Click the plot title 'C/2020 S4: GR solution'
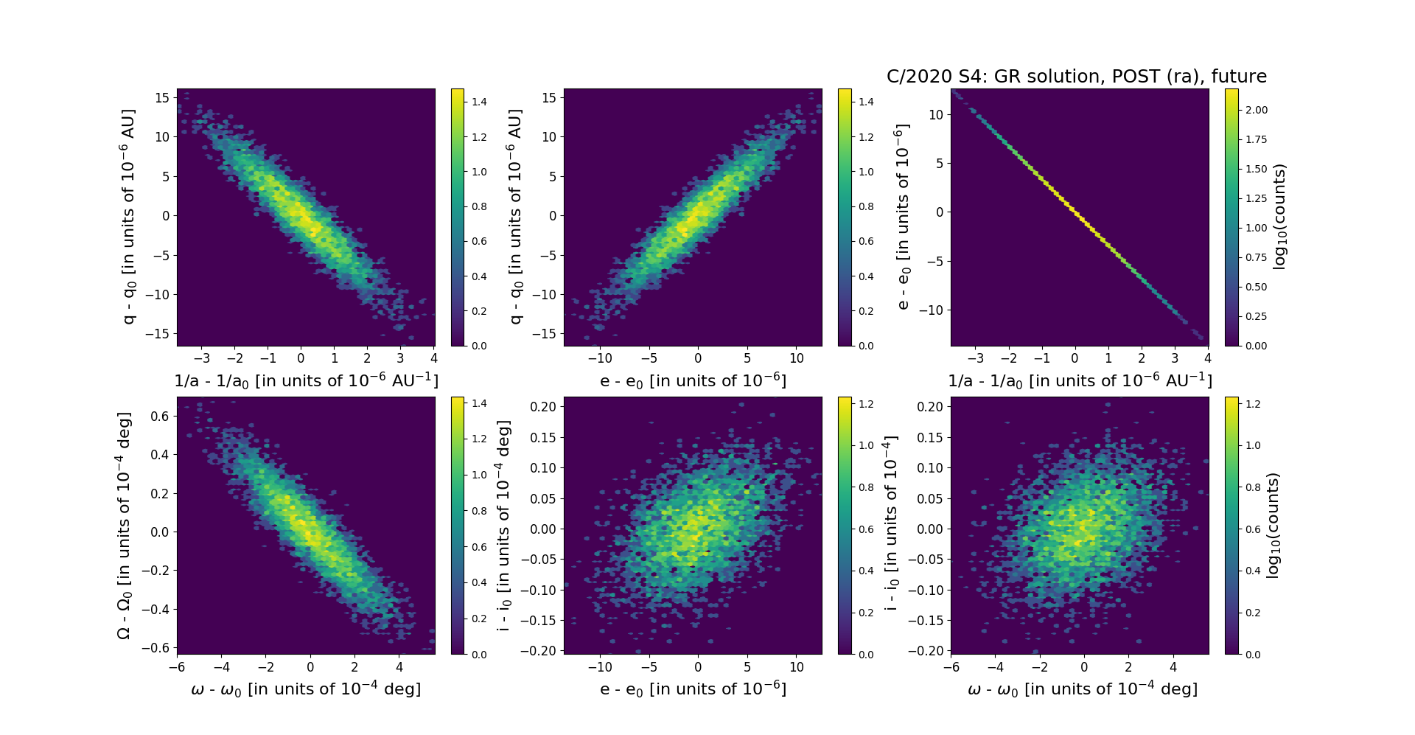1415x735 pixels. pos(1076,77)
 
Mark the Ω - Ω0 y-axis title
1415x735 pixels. pos(125,525)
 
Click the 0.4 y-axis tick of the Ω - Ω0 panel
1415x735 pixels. pos(160,455)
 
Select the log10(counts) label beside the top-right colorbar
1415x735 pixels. pos(1279,217)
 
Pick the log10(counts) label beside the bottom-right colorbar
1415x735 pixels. pos(1272,525)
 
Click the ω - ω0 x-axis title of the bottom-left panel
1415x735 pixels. pos(306,689)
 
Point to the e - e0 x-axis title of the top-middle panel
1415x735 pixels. pos(693,381)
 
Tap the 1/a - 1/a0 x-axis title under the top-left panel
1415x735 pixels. pos(306,381)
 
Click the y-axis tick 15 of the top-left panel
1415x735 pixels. pos(162,98)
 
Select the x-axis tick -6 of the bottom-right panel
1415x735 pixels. pos(951,667)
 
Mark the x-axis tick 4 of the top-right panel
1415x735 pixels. pos(1208,359)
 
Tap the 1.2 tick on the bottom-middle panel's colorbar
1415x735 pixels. pos(866,404)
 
